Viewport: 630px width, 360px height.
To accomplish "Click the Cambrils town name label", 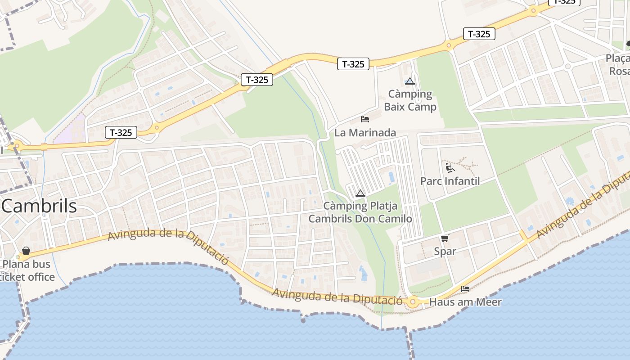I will point(40,206).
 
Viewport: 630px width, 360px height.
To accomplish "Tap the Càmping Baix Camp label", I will point(410,100).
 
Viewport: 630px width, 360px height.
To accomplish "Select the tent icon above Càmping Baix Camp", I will point(409,81).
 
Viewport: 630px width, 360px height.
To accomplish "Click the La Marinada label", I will point(365,133).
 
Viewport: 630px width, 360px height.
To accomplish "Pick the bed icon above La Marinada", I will point(365,119).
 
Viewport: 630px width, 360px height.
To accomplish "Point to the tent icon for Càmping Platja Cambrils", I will point(360,193).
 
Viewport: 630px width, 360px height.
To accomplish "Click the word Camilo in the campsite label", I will point(395,219).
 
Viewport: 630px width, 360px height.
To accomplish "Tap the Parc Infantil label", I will point(450,181).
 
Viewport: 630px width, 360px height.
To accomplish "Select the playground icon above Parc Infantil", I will point(450,168).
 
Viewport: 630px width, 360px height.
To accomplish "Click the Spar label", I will point(445,252).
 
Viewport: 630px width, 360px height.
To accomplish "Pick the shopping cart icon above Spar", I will point(445,238).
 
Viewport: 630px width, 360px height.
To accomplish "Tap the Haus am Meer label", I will point(465,302).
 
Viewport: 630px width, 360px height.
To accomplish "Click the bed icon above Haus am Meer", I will point(465,289).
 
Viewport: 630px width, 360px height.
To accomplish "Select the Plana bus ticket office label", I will point(27,270).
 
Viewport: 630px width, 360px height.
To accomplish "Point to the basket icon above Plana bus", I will point(26,251).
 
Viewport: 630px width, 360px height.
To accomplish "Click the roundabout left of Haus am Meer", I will point(413,302).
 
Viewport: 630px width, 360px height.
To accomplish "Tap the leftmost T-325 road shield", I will point(121,132).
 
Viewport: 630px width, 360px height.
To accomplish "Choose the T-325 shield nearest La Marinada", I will point(353,64).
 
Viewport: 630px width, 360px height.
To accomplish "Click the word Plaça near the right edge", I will point(617,58).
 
